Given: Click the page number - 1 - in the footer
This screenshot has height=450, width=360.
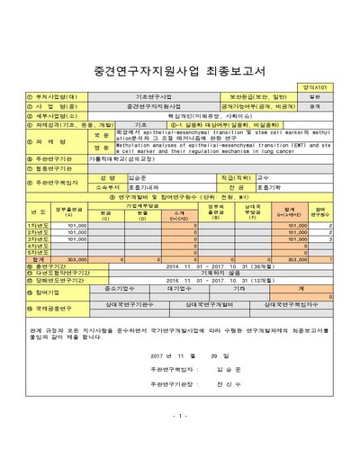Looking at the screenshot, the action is point(180,440).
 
